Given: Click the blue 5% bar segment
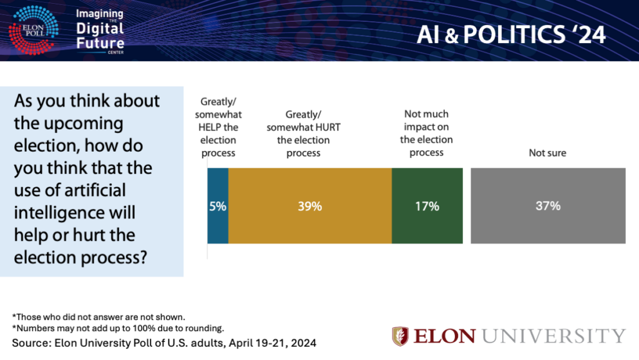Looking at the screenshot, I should coord(218,205).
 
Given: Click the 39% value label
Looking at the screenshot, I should coord(310,206).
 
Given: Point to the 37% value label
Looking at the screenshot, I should coord(548,206).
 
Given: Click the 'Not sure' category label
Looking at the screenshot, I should coord(547,152).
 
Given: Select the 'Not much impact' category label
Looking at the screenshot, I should coord(426,114).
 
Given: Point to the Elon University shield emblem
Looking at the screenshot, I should coord(400,336).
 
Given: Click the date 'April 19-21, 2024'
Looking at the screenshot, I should coord(273,343).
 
